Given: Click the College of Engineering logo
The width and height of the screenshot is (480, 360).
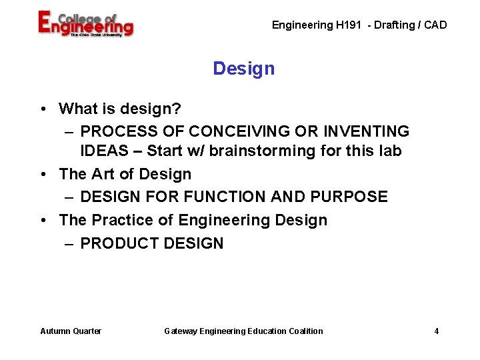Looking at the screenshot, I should click(85, 24).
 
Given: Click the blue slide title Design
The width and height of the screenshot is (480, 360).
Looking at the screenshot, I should click(243, 69).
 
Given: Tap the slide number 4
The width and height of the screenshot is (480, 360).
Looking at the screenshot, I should click(437, 331).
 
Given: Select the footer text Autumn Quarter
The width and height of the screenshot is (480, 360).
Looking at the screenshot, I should click(71, 331).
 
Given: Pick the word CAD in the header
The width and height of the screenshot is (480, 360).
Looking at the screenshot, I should click(435, 25).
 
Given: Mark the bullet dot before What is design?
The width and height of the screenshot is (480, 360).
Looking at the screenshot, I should click(42, 109).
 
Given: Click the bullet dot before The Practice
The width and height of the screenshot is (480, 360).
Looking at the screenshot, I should click(42, 220).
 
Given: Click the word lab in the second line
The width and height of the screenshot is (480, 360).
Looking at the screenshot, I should click(390, 151).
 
